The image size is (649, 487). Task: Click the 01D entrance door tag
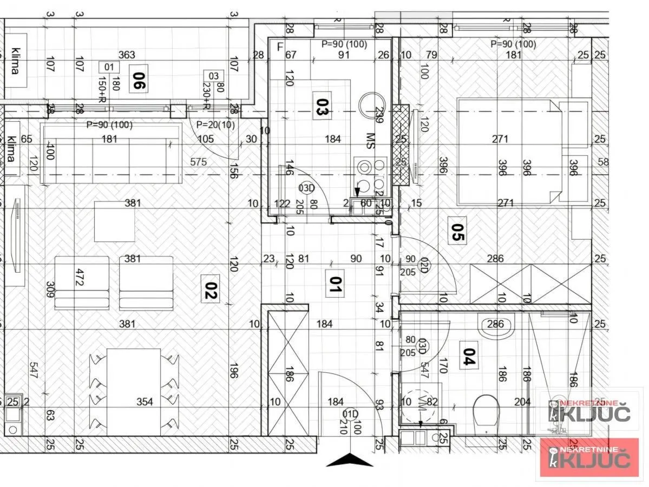pos(351,415)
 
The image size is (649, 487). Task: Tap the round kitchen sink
pos(372,104)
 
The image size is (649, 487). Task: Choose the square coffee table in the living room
pos(114,221)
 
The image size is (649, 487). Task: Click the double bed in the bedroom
pos(509,151)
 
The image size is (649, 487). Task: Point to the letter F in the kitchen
pos(279,47)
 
